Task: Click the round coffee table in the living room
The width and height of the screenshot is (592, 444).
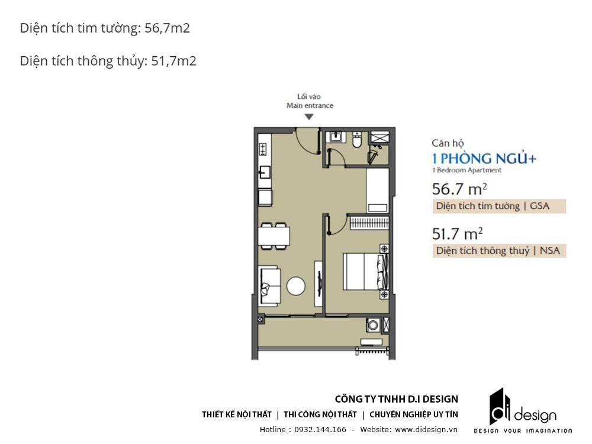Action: click(x=296, y=286)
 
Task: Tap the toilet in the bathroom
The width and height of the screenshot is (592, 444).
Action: click(x=357, y=140)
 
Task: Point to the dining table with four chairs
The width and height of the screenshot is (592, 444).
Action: click(x=275, y=236)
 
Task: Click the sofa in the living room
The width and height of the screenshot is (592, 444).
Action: click(x=269, y=286)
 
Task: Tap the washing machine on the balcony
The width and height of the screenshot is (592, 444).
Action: click(x=373, y=324)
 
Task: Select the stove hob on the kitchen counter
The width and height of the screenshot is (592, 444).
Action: click(x=263, y=149)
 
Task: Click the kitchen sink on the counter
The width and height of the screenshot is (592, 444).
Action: click(x=265, y=172)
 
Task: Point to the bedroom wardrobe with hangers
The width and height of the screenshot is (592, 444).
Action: click(x=369, y=223)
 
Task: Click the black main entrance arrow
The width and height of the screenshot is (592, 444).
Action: click(x=309, y=117)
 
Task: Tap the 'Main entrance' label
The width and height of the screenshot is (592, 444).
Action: click(x=310, y=106)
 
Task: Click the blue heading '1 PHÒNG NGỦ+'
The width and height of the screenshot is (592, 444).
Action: click(x=484, y=159)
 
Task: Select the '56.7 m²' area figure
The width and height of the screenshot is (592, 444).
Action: click(x=459, y=189)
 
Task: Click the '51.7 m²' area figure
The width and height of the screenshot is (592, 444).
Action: click(x=458, y=234)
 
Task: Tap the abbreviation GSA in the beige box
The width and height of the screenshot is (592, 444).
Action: click(x=539, y=206)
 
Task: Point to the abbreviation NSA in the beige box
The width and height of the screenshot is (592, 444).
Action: click(x=550, y=250)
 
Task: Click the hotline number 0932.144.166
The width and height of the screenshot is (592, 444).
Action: click(x=320, y=430)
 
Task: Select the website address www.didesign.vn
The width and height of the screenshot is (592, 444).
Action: click(x=426, y=430)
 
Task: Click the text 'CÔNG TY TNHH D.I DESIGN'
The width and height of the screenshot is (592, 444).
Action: click(x=397, y=399)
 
